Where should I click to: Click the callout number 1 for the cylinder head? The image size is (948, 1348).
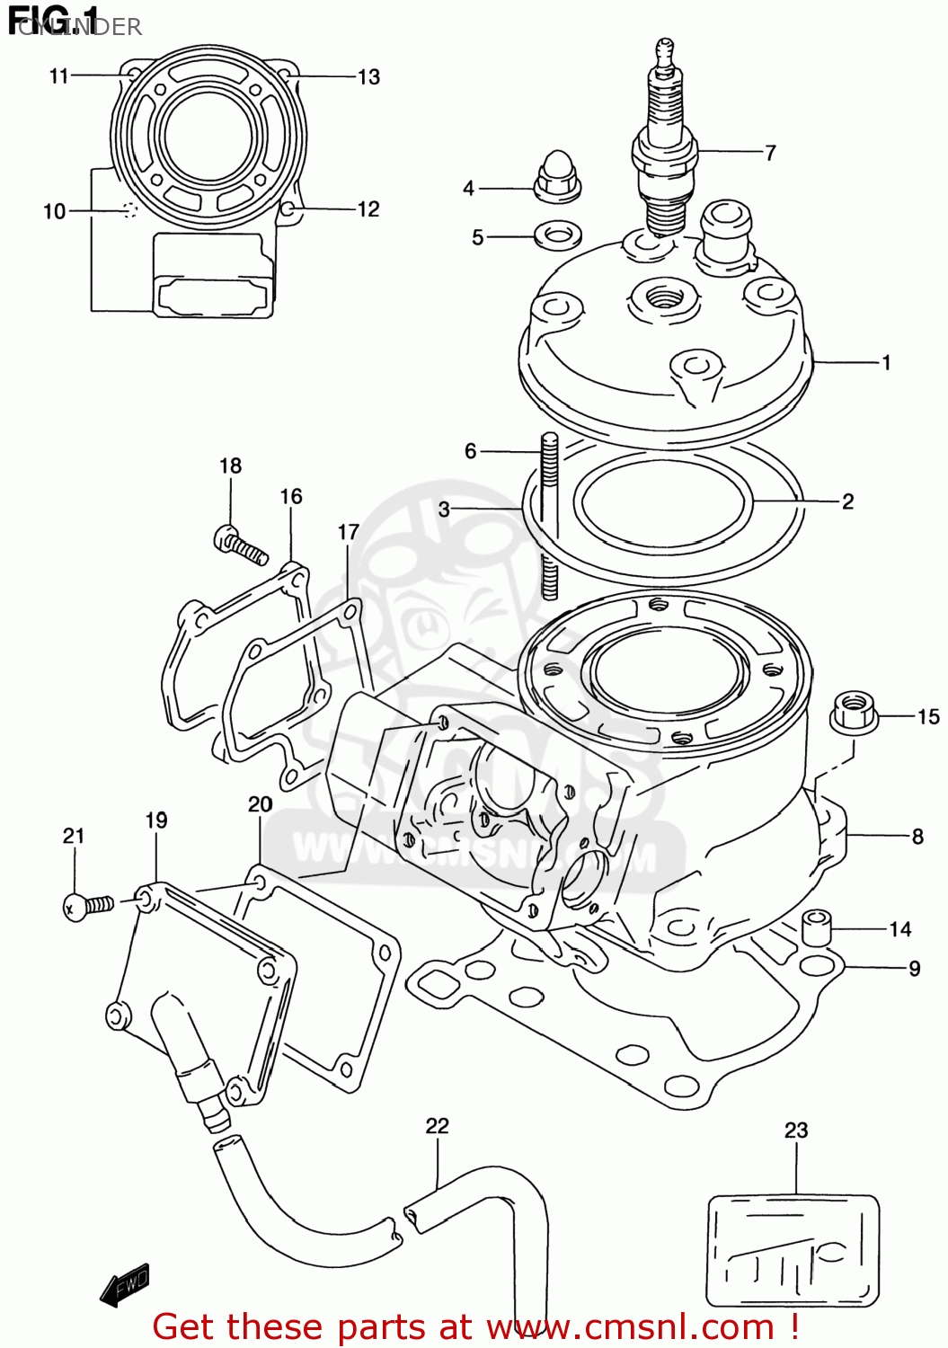point(886,363)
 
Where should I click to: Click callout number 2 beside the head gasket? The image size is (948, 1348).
point(847,501)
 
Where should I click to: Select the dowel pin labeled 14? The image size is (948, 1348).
point(816,927)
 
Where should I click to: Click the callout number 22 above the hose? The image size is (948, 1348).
point(437,1126)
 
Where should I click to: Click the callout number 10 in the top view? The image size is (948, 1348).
point(54,211)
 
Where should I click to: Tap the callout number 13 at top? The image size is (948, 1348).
point(368,77)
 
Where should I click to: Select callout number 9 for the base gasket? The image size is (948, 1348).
point(914,969)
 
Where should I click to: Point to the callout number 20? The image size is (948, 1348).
point(260,804)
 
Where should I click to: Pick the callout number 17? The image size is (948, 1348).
point(348,532)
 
